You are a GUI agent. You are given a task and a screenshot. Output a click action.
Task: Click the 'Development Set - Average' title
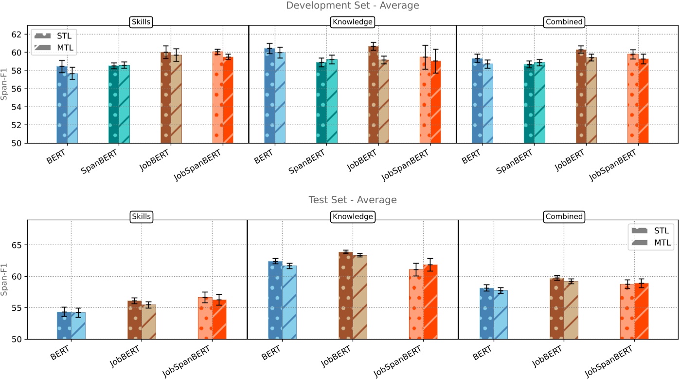pos(352,5)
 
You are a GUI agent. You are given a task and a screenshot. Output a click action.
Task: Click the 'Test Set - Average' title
pos(352,200)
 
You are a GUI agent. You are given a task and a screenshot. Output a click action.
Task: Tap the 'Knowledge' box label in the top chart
pos(352,22)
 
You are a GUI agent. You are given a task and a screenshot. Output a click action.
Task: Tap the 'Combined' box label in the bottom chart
pos(564,216)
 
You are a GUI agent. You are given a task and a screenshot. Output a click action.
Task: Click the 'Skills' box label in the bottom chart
pos(142,216)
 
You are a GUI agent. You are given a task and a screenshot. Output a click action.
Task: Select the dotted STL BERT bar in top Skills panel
pos(62,107)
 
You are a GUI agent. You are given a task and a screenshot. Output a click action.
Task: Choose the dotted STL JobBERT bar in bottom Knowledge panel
pos(345,297)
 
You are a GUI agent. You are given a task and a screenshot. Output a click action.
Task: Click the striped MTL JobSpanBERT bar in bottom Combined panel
pos(642,312)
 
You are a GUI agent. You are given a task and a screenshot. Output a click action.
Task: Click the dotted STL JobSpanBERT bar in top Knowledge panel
pos(425,102)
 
